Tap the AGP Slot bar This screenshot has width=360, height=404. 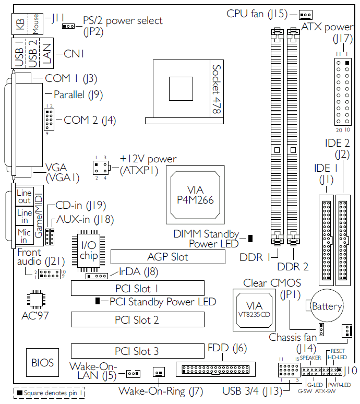(167, 256)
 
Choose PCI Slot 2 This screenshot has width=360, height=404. (137, 320)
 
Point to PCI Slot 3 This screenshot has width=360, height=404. (137, 351)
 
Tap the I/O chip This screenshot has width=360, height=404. (89, 250)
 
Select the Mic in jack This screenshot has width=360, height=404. (25, 236)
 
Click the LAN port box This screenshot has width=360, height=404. (47, 53)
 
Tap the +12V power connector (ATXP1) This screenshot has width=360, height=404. (100, 168)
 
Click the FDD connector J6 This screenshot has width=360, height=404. (216, 369)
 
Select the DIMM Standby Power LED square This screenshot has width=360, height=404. (250, 239)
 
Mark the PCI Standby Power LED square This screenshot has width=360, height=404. (98, 301)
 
